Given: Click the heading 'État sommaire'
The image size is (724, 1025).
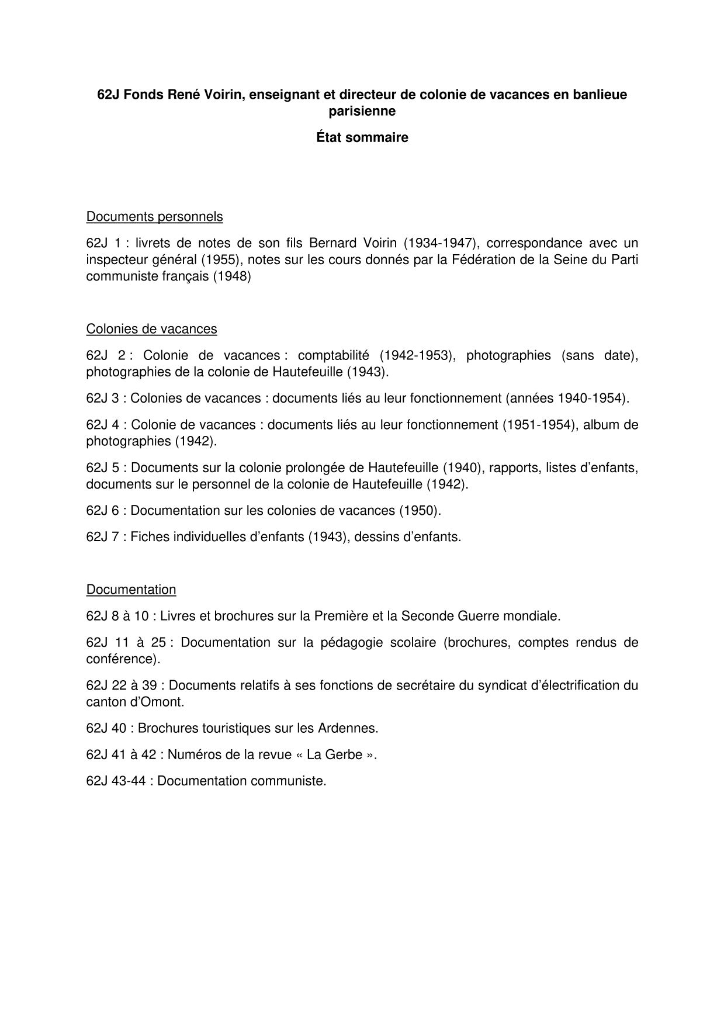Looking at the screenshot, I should (x=362, y=138).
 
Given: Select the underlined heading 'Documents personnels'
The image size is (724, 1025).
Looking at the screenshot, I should (x=154, y=217).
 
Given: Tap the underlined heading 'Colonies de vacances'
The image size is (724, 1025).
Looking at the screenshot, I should (x=151, y=329).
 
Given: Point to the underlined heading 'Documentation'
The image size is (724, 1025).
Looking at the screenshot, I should (x=131, y=590).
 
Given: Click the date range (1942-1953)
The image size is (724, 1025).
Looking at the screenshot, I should (x=417, y=355).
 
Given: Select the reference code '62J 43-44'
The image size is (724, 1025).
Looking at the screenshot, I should (x=118, y=781).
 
